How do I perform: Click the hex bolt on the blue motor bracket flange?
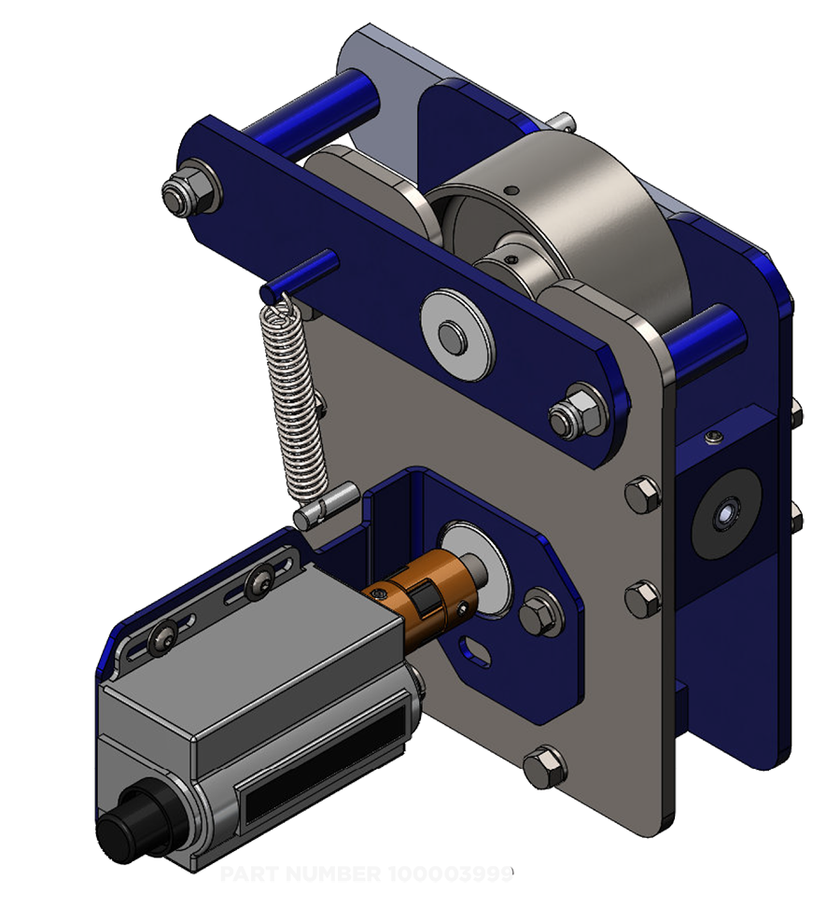pos(537,611)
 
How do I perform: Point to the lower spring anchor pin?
pos(322,505)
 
